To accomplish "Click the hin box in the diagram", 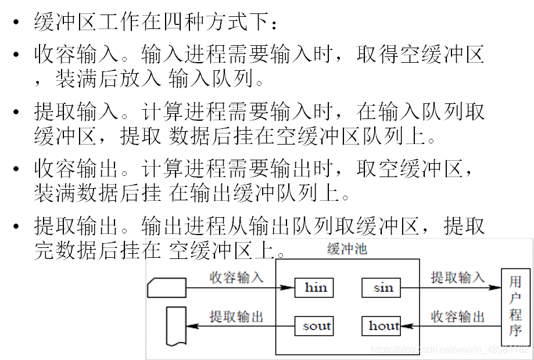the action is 316,287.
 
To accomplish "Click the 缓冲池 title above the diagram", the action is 347,250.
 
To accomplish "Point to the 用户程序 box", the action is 515,307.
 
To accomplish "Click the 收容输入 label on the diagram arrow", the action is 236,278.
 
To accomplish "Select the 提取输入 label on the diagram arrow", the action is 457,278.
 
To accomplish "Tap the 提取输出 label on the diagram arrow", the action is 236,316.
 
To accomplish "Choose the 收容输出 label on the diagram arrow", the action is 457,316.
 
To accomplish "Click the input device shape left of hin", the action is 167,287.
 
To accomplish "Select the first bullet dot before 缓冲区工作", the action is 17,24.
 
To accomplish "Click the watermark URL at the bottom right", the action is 451,350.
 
